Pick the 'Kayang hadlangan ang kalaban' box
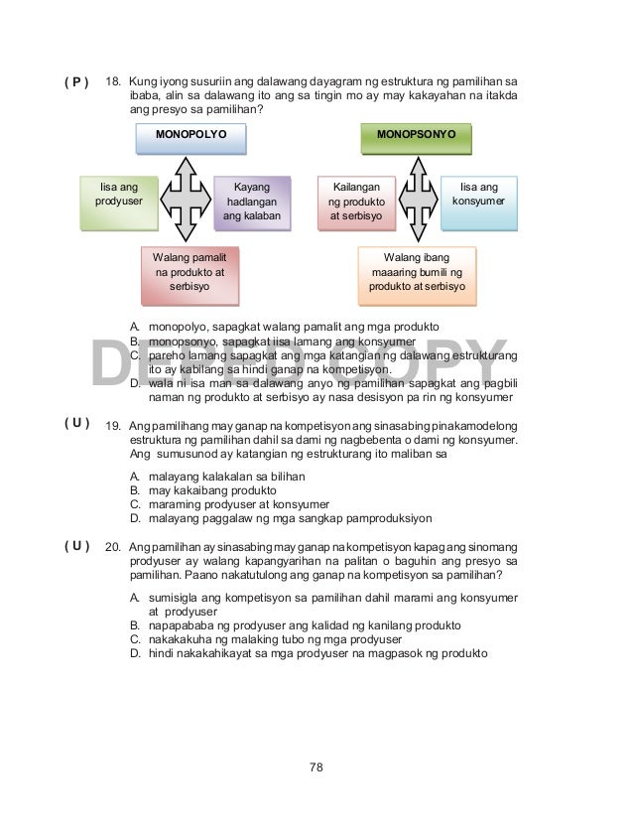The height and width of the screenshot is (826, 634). coord(252,202)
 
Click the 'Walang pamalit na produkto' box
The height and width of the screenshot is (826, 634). coord(191,273)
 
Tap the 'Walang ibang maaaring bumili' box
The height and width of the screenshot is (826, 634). coord(418,273)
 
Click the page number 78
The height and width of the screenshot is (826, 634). coord(317,766)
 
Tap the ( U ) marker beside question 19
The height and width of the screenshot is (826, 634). coord(76,423)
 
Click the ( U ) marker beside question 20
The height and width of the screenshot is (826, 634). coord(76,546)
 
